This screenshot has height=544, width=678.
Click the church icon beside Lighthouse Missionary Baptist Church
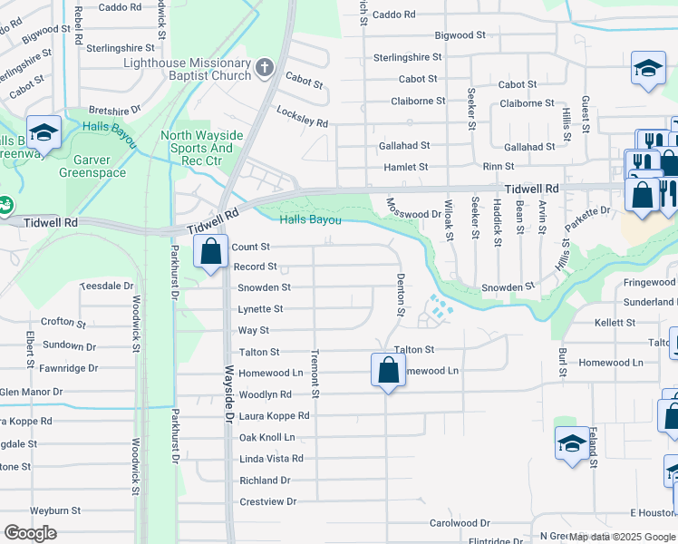[264, 67]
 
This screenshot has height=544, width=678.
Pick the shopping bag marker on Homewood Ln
[388, 369]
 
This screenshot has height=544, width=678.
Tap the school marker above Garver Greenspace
[44, 132]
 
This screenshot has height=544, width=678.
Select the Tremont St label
[315, 373]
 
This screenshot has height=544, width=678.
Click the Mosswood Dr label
[412, 214]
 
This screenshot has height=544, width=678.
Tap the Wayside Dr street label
[229, 399]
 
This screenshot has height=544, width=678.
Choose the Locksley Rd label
[302, 115]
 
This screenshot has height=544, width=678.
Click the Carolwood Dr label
[460, 523]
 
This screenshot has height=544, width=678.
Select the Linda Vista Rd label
[271, 459]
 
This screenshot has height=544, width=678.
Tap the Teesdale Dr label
[107, 285]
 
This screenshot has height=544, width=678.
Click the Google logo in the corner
[30, 533]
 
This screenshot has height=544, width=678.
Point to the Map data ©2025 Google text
[623, 538]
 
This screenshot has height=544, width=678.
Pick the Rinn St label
[498, 167]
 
